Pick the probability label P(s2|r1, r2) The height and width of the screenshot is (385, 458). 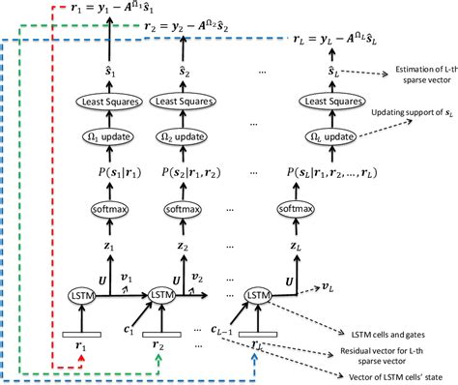(x=175, y=176)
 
